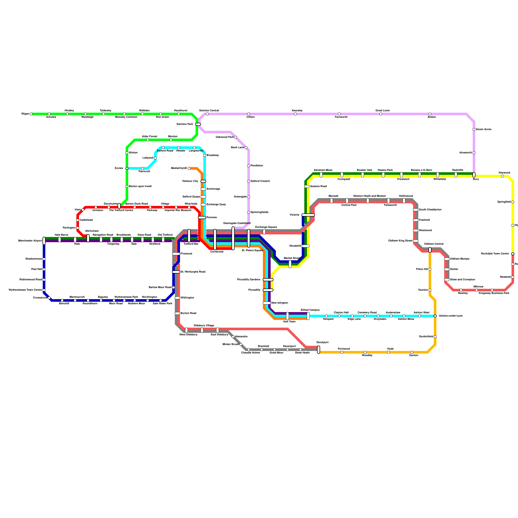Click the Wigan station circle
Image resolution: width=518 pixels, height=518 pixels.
pyautogui.click(x=31, y=114)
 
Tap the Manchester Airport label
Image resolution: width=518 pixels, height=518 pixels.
pyautogui.click(x=30, y=241)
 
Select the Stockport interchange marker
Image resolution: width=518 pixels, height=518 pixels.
pyautogui.click(x=319, y=350)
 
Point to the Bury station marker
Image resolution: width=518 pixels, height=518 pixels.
pyautogui.click(x=474, y=175)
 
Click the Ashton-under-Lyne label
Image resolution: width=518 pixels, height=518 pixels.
pyautogui.click(x=451, y=316)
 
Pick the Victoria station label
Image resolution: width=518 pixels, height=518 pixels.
pyautogui.click(x=294, y=215)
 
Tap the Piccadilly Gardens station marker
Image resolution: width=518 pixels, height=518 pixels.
pyautogui.click(x=268, y=280)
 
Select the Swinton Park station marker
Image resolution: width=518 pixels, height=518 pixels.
pyautogui.click(x=198, y=124)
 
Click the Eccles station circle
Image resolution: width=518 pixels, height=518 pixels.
pyautogui.click(x=127, y=168)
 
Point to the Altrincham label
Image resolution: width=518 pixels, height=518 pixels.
pyautogui.click(x=92, y=231)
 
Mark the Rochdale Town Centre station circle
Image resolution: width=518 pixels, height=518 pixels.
pyautogui.click(x=513, y=254)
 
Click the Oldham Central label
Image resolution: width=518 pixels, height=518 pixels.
pyautogui.click(x=434, y=244)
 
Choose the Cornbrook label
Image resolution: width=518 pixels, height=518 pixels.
pyautogui.click(x=217, y=252)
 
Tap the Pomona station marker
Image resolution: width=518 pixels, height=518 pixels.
pyautogui.click(x=202, y=218)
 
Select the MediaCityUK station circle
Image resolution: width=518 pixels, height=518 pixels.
pyautogui.click(x=189, y=168)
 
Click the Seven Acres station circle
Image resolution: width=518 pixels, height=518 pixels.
pyautogui.click(x=474, y=129)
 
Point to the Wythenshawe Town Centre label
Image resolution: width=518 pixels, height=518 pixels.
pyautogui.click(x=25, y=290)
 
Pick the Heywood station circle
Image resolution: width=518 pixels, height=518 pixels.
pyautogui.click(x=502, y=176)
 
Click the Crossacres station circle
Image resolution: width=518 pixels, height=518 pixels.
pyautogui.click(x=49, y=298)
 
